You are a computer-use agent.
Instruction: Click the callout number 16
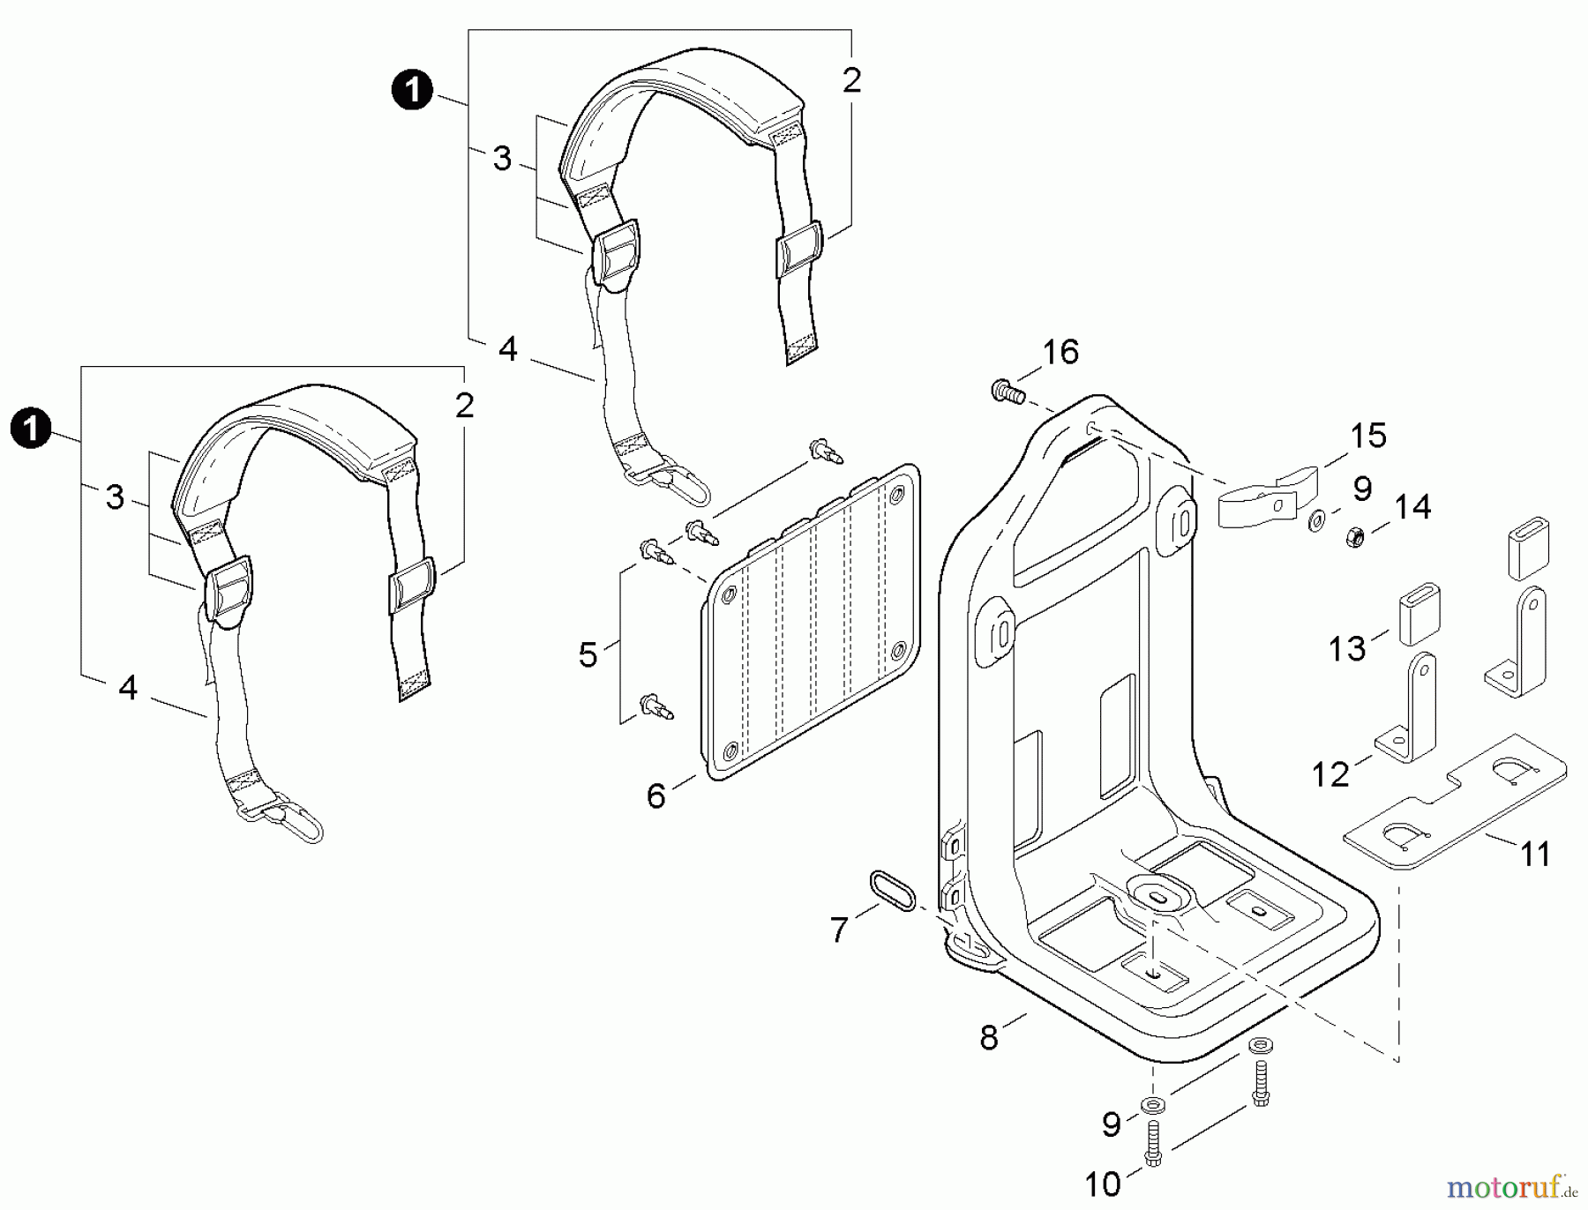pos(1060,352)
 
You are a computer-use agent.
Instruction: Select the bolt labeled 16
pos(1007,389)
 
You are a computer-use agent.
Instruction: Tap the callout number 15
pos(1368,436)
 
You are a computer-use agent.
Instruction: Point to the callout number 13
pos(1347,649)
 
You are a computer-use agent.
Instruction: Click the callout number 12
pos(1330,774)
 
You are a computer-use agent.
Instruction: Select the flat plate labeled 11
pos(1456,801)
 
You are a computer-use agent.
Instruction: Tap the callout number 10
pos(1103,1184)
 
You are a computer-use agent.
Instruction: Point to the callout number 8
pos(988,1038)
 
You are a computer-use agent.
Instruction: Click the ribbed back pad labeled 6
pos(813,622)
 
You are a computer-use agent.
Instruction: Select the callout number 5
pos(588,655)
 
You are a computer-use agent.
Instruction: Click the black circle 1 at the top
pos(412,91)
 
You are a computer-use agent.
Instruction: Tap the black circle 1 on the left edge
pos(31,429)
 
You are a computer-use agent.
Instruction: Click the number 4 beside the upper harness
pos(507,349)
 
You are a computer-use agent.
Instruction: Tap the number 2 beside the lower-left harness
pos(464,406)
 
